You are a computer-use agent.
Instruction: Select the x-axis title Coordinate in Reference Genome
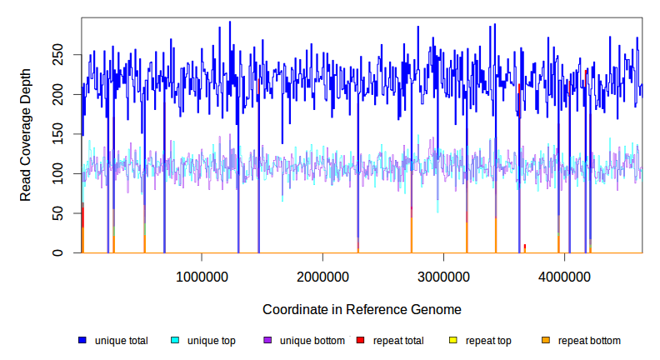pos(362,309)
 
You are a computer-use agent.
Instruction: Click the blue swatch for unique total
pos(82,341)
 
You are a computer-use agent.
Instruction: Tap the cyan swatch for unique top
pos(175,341)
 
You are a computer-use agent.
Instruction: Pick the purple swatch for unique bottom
pos(267,341)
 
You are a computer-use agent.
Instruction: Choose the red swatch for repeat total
pos(360,341)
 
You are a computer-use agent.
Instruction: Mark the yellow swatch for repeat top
pos(453,341)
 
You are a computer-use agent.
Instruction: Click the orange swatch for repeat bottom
pos(546,341)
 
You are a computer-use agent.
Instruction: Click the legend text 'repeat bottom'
pos(589,341)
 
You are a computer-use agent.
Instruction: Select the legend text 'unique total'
pos(122,341)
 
